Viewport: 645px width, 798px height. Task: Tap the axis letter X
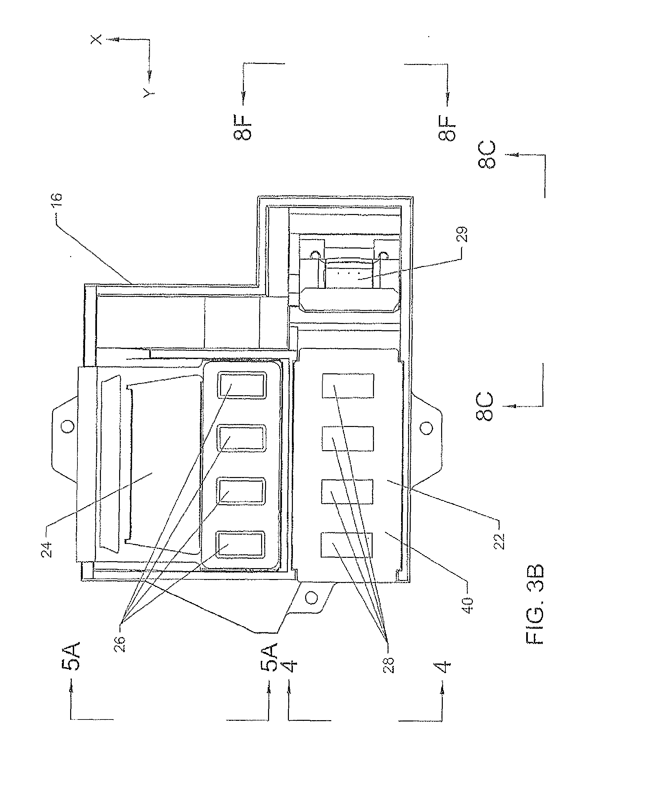96,39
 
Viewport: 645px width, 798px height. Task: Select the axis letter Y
149,93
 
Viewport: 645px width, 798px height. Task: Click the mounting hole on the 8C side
427,428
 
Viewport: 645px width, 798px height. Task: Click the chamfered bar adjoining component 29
349,300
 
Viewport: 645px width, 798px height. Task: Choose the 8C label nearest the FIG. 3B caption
485,406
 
